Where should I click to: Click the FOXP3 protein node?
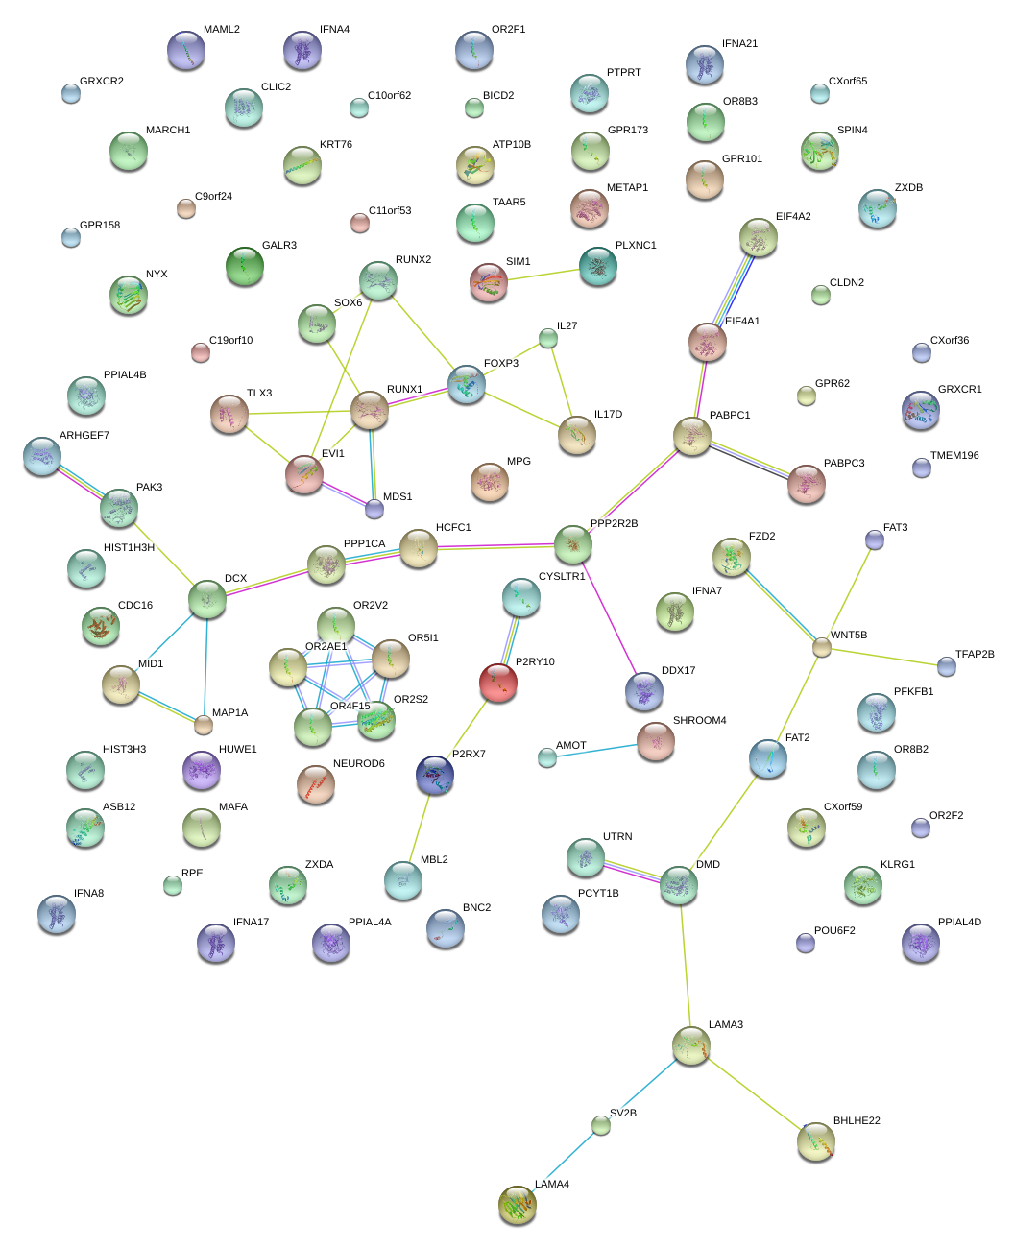(466, 384)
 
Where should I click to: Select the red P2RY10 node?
(497, 682)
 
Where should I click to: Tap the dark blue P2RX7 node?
(434, 775)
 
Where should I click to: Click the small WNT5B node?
(821, 647)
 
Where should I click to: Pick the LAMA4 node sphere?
(517, 1205)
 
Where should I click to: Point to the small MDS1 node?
(374, 509)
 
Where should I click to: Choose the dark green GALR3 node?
(245, 266)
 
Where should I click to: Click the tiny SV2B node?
(600, 1125)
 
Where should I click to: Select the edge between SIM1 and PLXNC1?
(543, 275)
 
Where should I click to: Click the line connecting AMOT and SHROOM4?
(596, 751)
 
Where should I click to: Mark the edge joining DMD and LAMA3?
(686, 965)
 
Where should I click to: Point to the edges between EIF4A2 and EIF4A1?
(733, 290)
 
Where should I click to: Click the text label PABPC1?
(729, 415)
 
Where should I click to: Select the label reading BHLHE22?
(857, 1120)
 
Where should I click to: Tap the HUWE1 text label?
(237, 749)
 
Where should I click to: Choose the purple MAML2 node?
(185, 50)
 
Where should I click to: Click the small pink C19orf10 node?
(201, 352)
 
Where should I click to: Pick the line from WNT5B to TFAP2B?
(883, 657)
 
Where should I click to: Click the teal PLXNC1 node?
(598, 266)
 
